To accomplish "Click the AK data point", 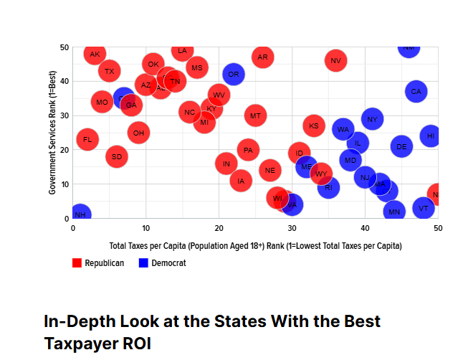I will pyautogui.click(x=95, y=54).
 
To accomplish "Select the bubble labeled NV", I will pyautogui.click(x=335, y=60).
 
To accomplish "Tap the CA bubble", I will pyautogui.click(x=416, y=91).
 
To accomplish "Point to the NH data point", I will pyautogui.click(x=80, y=214).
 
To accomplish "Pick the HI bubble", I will pyautogui.click(x=430, y=136).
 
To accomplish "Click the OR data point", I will pyautogui.click(x=233, y=74).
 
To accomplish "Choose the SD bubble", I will pyautogui.click(x=117, y=156).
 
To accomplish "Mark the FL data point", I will pyautogui.click(x=87, y=139).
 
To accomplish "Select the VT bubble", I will pyautogui.click(x=423, y=209).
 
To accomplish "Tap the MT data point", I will pyautogui.click(x=255, y=115).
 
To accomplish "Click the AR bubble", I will pyautogui.click(x=262, y=57).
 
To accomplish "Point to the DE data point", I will pyautogui.click(x=401, y=146).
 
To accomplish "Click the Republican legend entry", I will pyautogui.click(x=98, y=263).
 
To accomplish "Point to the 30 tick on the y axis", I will pyautogui.click(x=64, y=115).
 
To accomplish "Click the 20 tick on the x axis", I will pyautogui.click(x=219, y=228).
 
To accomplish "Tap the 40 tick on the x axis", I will pyautogui.click(x=365, y=228).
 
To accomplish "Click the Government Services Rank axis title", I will pyautogui.click(x=53, y=133).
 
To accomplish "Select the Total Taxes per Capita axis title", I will pyautogui.click(x=255, y=246).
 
